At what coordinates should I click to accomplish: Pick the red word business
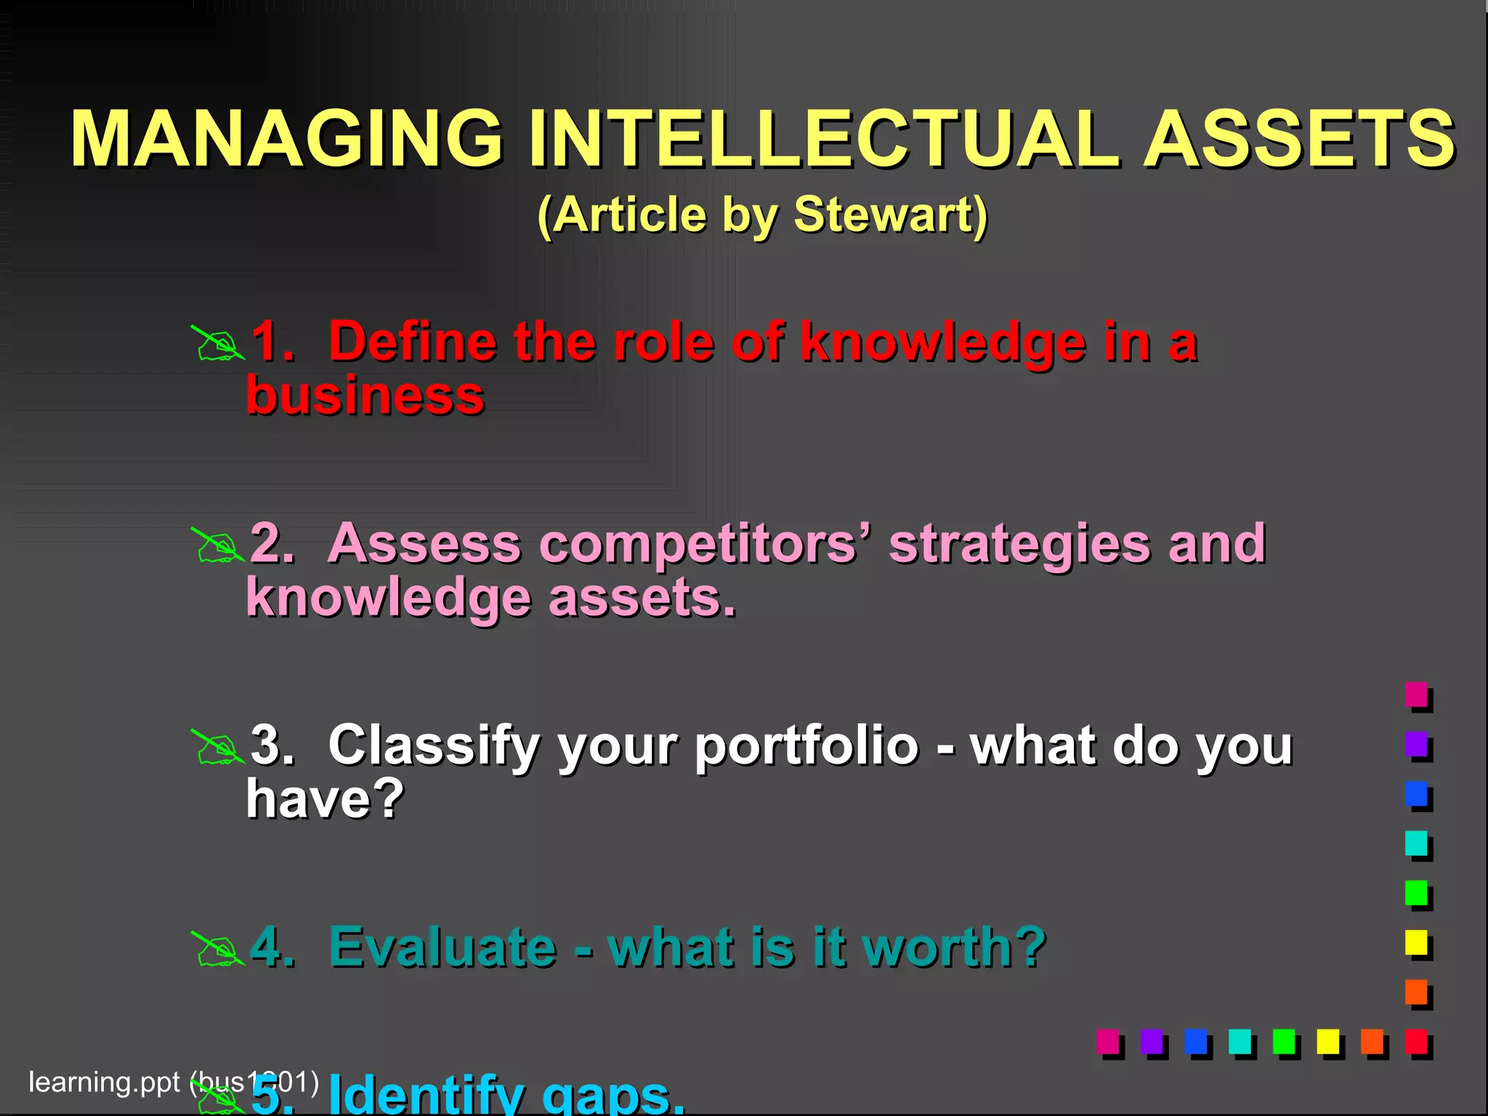[x=365, y=396]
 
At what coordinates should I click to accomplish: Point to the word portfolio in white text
[x=806, y=747]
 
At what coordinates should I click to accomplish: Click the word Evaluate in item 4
[x=442, y=947]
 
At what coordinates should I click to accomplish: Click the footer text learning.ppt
[x=103, y=1082]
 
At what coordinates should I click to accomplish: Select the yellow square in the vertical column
[x=1416, y=942]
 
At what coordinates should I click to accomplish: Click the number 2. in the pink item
[x=272, y=543]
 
